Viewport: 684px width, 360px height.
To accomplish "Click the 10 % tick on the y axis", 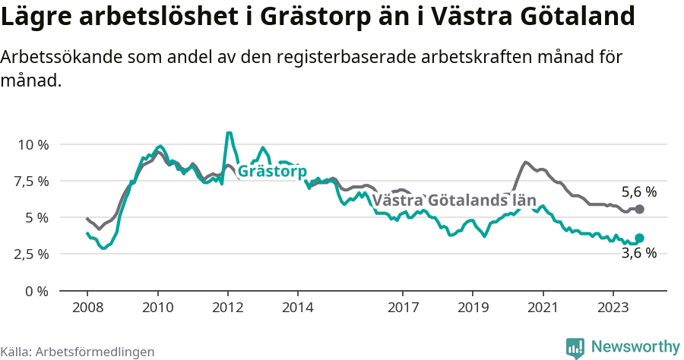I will pos(32,144).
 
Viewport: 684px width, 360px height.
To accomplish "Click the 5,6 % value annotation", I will pos(638,192).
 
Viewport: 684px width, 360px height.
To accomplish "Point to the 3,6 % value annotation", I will pos(638,254).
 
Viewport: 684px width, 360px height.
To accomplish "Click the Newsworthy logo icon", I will pos(575,348).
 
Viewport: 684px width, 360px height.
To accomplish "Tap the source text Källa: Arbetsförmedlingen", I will pos(78,352).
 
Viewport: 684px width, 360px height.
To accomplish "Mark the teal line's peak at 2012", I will pos(228,134).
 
